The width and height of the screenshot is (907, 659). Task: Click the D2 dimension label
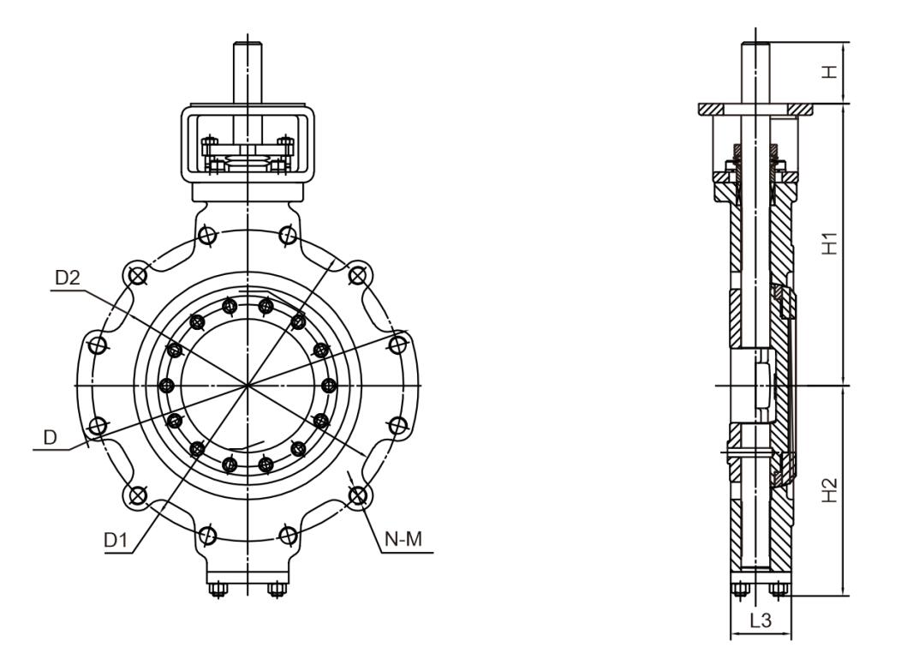click(x=67, y=279)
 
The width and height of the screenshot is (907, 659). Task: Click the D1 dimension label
click(x=115, y=541)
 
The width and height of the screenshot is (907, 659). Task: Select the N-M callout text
click(x=403, y=539)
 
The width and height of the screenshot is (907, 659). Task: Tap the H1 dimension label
click(x=830, y=243)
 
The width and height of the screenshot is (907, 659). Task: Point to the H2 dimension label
click(x=830, y=490)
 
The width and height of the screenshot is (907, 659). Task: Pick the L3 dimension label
click(x=761, y=620)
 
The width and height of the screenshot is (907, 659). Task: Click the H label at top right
click(x=830, y=72)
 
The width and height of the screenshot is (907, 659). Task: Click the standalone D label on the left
click(x=51, y=437)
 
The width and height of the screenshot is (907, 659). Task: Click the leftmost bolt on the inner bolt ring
click(x=167, y=386)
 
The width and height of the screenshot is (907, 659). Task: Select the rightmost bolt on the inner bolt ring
click(x=329, y=386)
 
